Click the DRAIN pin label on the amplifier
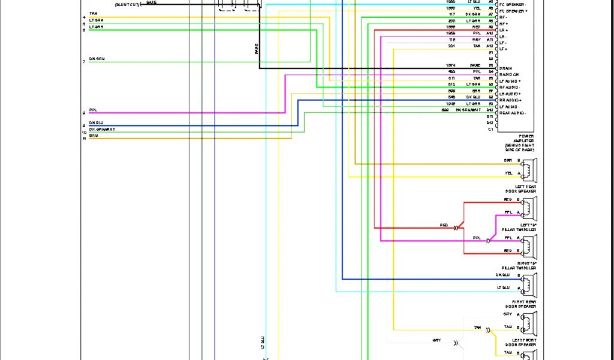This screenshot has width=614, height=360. (505, 68)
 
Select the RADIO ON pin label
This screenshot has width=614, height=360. (508, 75)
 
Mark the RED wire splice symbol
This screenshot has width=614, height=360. (456, 228)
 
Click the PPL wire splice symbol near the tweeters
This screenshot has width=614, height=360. (488, 241)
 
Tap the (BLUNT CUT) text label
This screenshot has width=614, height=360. (127, 4)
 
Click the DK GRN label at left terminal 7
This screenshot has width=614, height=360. (97, 59)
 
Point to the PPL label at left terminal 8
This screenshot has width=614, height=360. (93, 110)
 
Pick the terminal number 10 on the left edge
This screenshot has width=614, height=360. (85, 132)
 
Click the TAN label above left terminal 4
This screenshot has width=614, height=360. (94, 13)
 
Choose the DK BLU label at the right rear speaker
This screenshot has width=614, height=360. (503, 275)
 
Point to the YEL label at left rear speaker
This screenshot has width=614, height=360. (508, 173)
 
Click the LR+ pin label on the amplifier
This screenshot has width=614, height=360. (504, 30)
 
